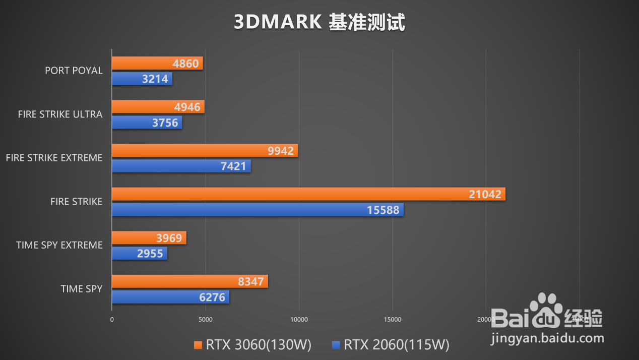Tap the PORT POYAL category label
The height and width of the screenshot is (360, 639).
(x=74, y=71)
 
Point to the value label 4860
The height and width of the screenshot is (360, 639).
(x=185, y=64)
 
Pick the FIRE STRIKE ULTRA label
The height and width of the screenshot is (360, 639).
(x=60, y=114)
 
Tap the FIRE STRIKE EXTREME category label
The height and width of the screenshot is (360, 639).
(x=54, y=158)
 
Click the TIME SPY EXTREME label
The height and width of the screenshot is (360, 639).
(x=59, y=245)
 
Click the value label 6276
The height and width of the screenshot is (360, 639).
(x=212, y=297)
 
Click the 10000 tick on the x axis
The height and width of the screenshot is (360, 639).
(x=299, y=319)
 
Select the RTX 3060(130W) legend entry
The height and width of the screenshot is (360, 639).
(x=252, y=345)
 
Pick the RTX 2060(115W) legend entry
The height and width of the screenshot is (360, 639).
(x=391, y=345)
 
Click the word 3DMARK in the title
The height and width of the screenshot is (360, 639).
(x=277, y=22)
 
